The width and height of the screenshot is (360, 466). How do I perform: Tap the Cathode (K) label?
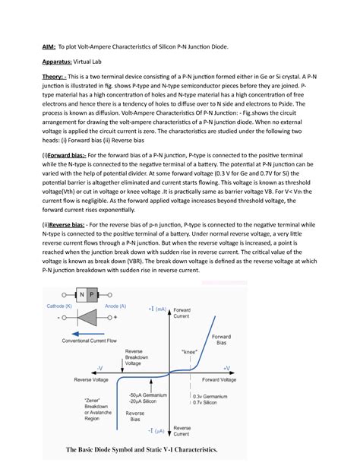[x=59, y=306]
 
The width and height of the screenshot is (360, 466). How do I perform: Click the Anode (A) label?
[x=115, y=306]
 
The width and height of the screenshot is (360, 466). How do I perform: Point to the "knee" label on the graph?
[x=191, y=353]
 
